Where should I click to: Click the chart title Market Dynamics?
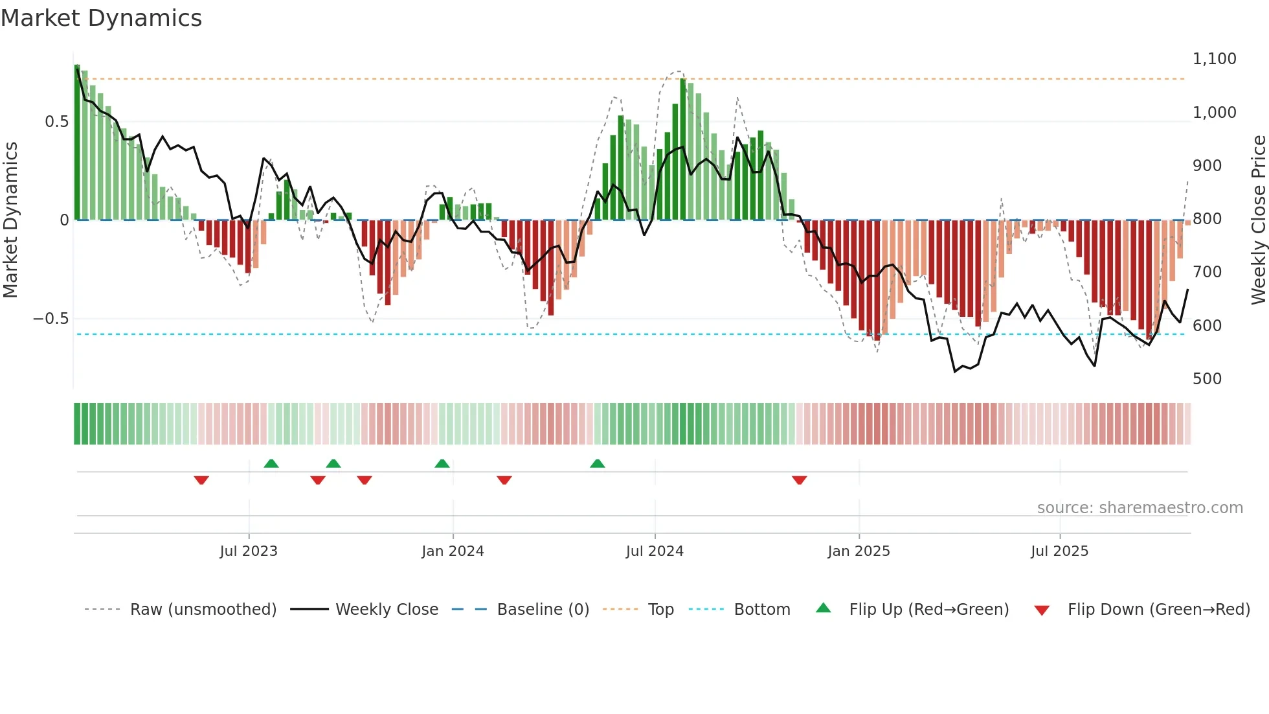pos(101,18)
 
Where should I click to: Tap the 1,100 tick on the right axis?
pos(1214,59)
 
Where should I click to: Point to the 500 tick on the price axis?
pos(1207,379)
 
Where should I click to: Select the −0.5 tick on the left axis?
pos(51,319)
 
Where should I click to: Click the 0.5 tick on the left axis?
pos(56,122)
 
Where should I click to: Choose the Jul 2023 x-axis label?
pos(249,551)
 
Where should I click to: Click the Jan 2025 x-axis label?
pos(859,551)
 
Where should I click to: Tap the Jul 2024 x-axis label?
pos(655,551)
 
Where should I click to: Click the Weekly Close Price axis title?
pos(1258,220)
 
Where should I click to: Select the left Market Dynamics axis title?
pos(10,220)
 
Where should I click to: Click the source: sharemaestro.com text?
pos(1140,508)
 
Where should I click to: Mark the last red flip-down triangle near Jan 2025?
pos(799,480)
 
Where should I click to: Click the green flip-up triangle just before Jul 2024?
pos(598,464)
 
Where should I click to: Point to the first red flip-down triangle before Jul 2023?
pos(201,480)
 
